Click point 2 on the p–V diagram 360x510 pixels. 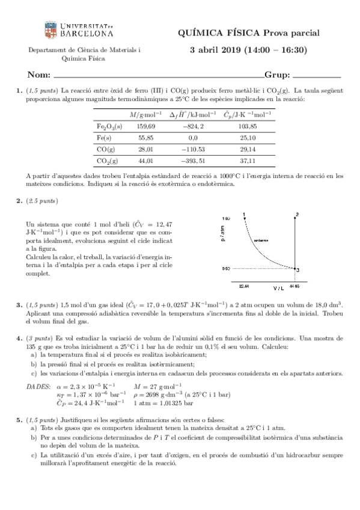coord(297,215)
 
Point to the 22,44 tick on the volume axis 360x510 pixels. coord(244,286)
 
